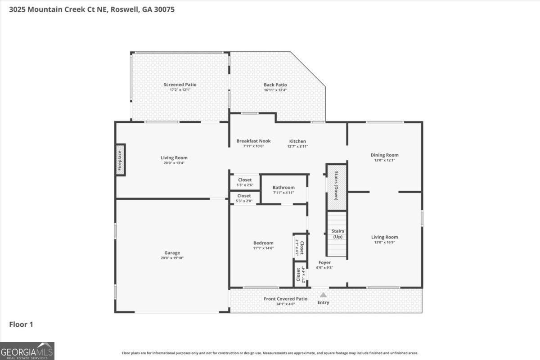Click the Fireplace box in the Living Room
(x=120, y=160)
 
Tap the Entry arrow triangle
(x=323, y=295)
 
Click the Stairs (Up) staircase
(x=337, y=234)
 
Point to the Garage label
(x=172, y=253)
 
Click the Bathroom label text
(x=283, y=188)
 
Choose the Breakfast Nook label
(x=253, y=141)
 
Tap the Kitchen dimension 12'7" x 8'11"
(x=297, y=146)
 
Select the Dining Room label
(x=384, y=155)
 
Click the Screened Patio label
(x=180, y=85)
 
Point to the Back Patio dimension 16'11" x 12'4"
(x=275, y=90)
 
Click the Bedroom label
(x=263, y=243)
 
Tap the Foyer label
(x=324, y=262)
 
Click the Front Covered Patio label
(x=285, y=299)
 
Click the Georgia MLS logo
(x=27, y=351)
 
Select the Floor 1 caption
(x=21, y=324)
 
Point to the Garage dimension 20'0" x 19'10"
(x=172, y=258)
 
